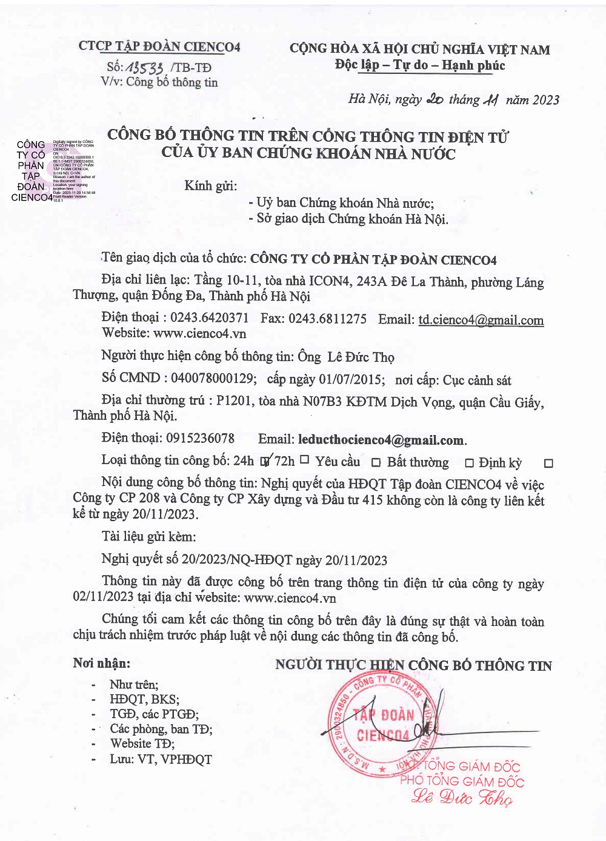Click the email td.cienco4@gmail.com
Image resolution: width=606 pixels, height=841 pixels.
pos(481,320)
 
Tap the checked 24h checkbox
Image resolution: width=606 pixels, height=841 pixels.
pos(264,461)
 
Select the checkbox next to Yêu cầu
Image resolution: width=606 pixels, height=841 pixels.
pos(376,463)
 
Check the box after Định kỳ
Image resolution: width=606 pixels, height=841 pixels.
pos(548,464)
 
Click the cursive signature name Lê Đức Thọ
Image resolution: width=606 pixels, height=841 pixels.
pos(462,798)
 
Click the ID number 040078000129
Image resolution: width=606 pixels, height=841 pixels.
pos(212,379)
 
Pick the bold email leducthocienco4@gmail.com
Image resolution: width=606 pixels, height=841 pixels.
pos(381,440)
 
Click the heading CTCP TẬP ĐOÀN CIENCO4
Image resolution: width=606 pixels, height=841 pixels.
pos(159,47)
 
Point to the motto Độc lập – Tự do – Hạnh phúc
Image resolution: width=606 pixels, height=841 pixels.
pos(420,65)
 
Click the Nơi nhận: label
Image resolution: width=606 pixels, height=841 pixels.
pos(101,663)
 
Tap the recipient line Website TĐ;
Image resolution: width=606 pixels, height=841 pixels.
pos(142,743)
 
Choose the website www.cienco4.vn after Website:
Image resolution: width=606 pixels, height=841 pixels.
pos(199,333)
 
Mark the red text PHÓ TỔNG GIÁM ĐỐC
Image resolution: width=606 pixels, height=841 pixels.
pos(462,781)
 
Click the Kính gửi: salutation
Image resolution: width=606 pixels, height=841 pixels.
pos(210,185)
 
